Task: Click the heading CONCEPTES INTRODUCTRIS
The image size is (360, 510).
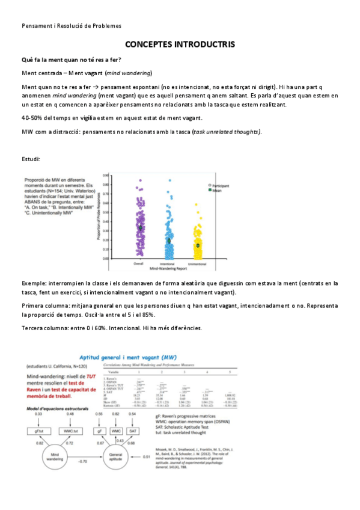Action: pyautogui.click(x=180, y=45)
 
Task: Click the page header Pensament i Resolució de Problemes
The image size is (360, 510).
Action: pyautogui.click(x=71, y=26)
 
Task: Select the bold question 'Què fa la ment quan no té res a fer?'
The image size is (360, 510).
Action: pyautogui.click(x=71, y=60)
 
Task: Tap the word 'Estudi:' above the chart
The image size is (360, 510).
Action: pyautogui.click(x=31, y=159)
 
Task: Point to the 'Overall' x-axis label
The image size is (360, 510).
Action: pyautogui.click(x=141, y=263)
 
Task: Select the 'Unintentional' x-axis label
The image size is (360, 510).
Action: pyautogui.click(x=197, y=263)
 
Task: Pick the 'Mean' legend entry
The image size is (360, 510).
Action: pyautogui.click(x=217, y=190)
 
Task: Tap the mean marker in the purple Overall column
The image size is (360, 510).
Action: pyautogui.click(x=141, y=228)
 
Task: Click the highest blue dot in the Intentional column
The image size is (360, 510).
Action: pyautogui.click(x=169, y=180)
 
